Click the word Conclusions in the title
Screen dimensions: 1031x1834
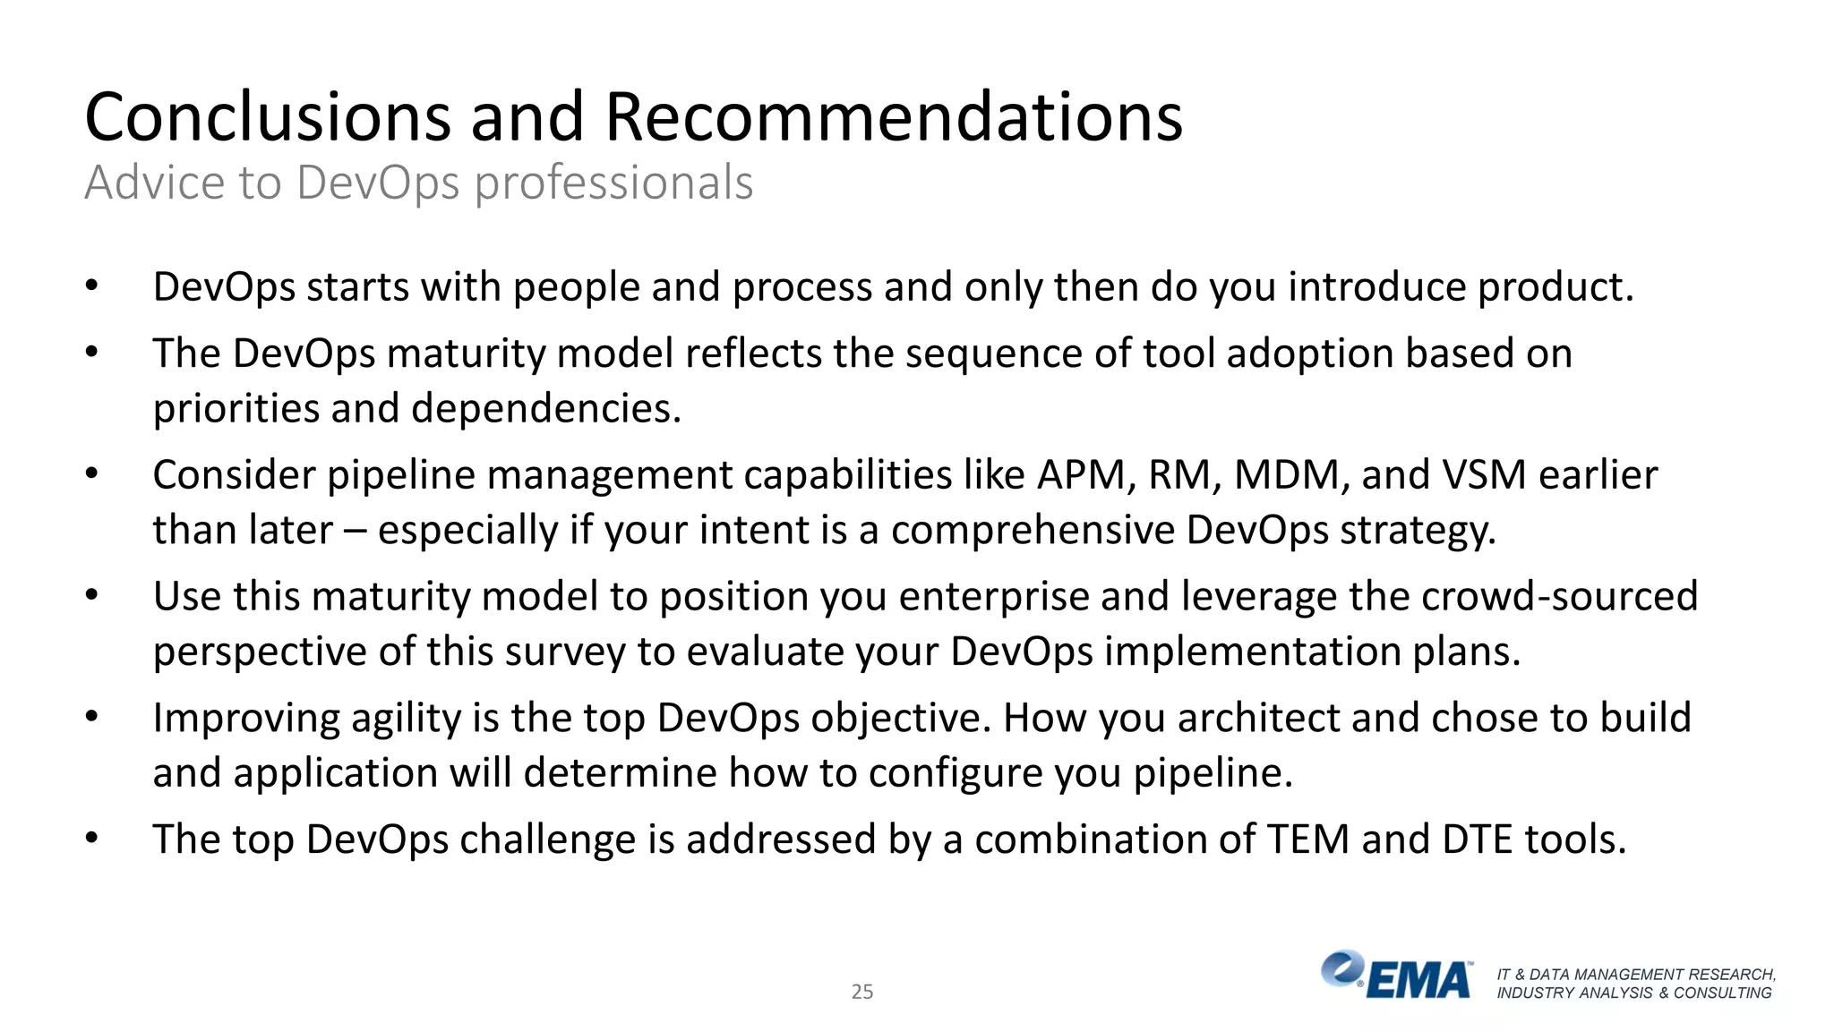(x=268, y=117)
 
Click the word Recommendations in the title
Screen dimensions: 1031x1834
(x=893, y=117)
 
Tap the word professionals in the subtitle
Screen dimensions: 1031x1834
(x=613, y=183)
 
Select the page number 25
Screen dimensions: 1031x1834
(x=861, y=992)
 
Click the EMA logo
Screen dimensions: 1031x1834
(x=1397, y=976)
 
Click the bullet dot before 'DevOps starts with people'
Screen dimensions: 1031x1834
(x=91, y=286)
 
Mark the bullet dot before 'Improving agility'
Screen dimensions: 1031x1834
(x=91, y=717)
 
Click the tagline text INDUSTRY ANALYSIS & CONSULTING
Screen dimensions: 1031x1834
(x=1633, y=993)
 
